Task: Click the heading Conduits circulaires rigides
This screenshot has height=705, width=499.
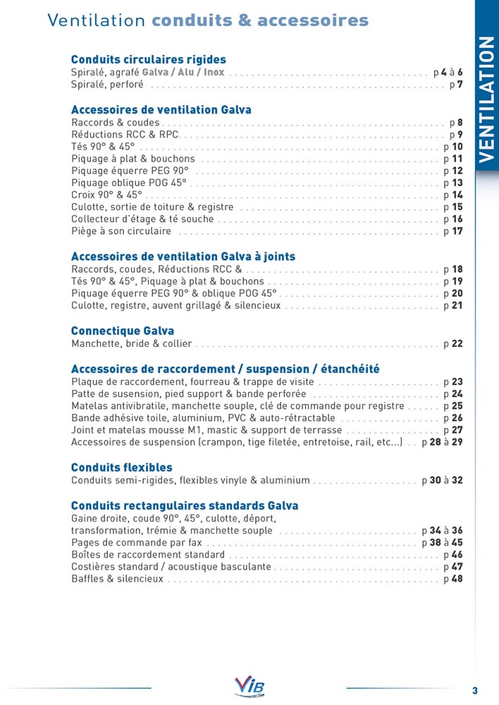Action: (x=149, y=60)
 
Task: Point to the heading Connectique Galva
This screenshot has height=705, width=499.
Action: (x=123, y=331)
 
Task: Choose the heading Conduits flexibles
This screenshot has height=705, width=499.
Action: (x=122, y=467)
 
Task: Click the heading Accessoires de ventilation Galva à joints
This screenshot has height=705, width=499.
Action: (x=183, y=257)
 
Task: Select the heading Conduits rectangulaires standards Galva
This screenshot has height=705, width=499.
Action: (x=185, y=505)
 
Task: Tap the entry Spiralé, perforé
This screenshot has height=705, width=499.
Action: (x=108, y=85)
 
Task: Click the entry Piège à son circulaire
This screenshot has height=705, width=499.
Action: (x=121, y=231)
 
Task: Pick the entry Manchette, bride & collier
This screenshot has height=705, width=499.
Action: (x=132, y=344)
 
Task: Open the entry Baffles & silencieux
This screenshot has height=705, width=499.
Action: (x=118, y=580)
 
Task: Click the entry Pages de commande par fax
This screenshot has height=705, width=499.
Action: (x=137, y=543)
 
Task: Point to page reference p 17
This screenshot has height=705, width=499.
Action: (x=452, y=231)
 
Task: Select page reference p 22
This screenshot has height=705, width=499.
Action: (x=452, y=344)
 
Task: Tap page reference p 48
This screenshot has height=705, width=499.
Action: (x=452, y=580)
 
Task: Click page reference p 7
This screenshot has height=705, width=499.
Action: (x=456, y=85)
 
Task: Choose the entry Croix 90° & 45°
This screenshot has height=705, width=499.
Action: (x=107, y=195)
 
